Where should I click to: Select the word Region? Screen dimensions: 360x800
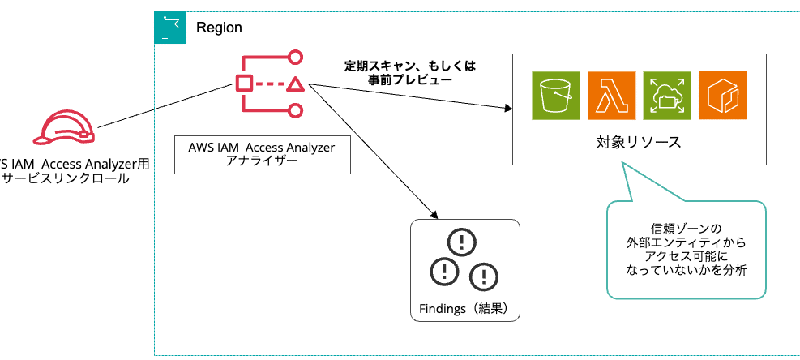(219, 28)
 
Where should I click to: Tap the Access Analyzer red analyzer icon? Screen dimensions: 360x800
(271, 84)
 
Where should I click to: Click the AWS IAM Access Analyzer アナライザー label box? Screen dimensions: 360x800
(262, 154)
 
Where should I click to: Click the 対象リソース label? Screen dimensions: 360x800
(638, 142)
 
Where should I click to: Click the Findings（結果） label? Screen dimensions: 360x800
(464, 309)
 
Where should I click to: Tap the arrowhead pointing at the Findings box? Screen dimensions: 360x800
(434, 214)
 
